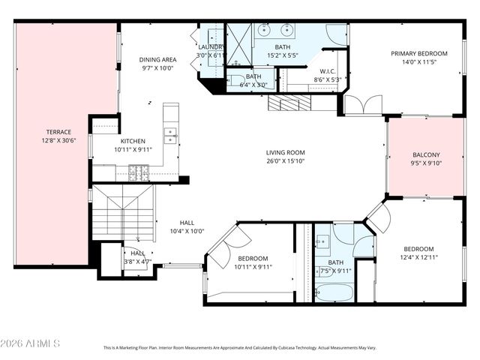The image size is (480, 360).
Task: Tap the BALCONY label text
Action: pyautogui.click(x=425, y=154)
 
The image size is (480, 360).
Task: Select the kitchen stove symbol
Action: pyautogui.click(x=139, y=173)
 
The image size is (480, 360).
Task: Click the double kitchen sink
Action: pyautogui.click(x=171, y=136)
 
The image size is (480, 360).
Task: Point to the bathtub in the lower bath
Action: pyautogui.click(x=334, y=292)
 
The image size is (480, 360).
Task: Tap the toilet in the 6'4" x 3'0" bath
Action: pyautogui.click(x=235, y=80)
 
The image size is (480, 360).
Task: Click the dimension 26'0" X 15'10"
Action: pyautogui.click(x=285, y=161)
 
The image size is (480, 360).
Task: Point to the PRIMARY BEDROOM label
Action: pyautogui.click(x=418, y=54)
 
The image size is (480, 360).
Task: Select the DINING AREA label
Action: pyautogui.click(x=157, y=59)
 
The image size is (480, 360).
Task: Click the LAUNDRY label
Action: pyautogui.click(x=211, y=47)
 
